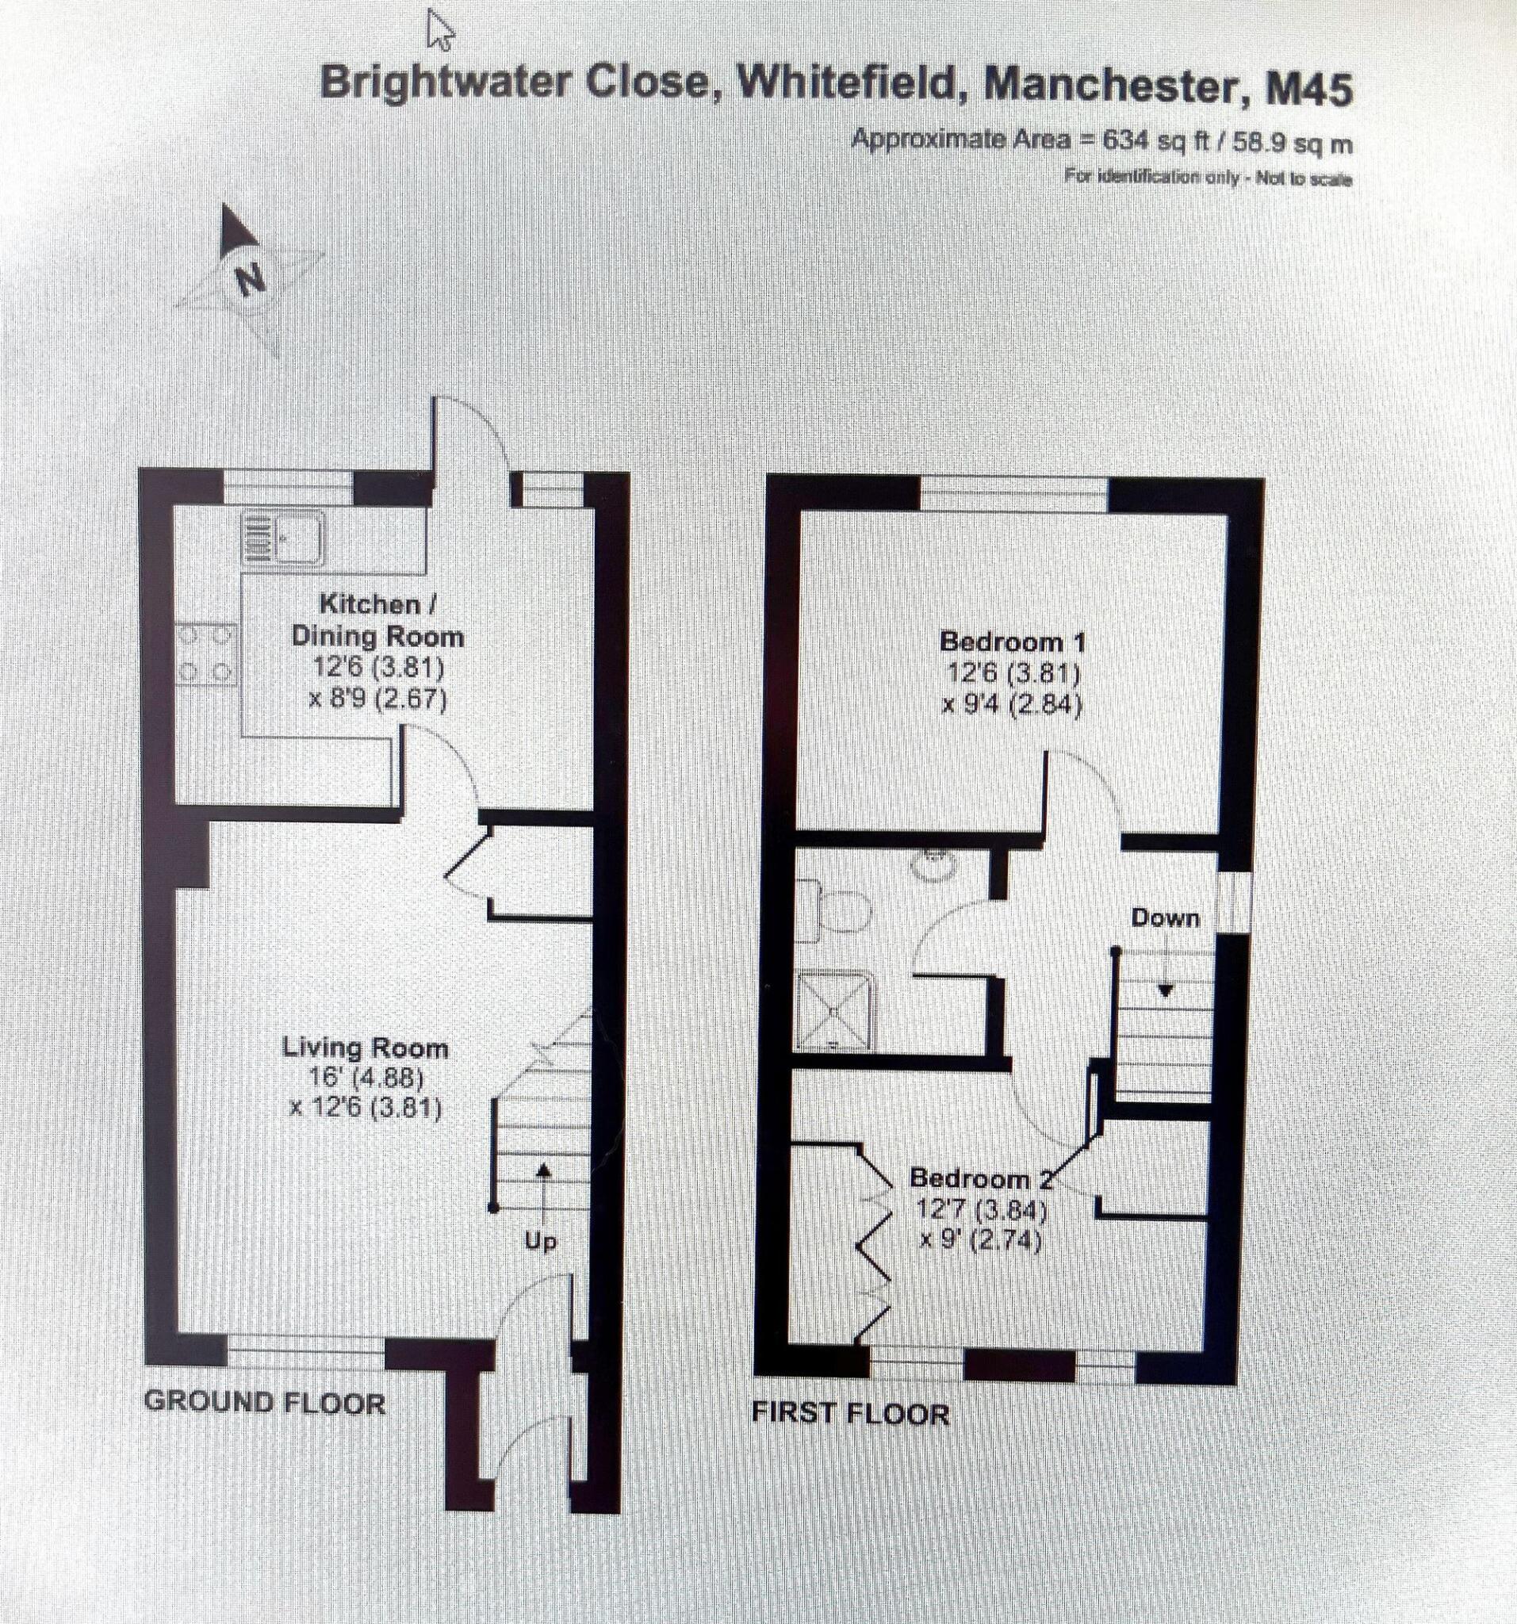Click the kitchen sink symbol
[283, 539]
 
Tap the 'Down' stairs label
[1165, 918]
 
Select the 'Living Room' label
[365, 1048]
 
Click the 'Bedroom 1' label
[1013, 642]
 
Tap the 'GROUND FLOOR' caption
[264, 1404]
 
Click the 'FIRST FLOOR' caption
[849, 1413]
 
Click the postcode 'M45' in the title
[1308, 90]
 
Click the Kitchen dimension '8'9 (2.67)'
[377, 700]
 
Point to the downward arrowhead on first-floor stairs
[1165, 991]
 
